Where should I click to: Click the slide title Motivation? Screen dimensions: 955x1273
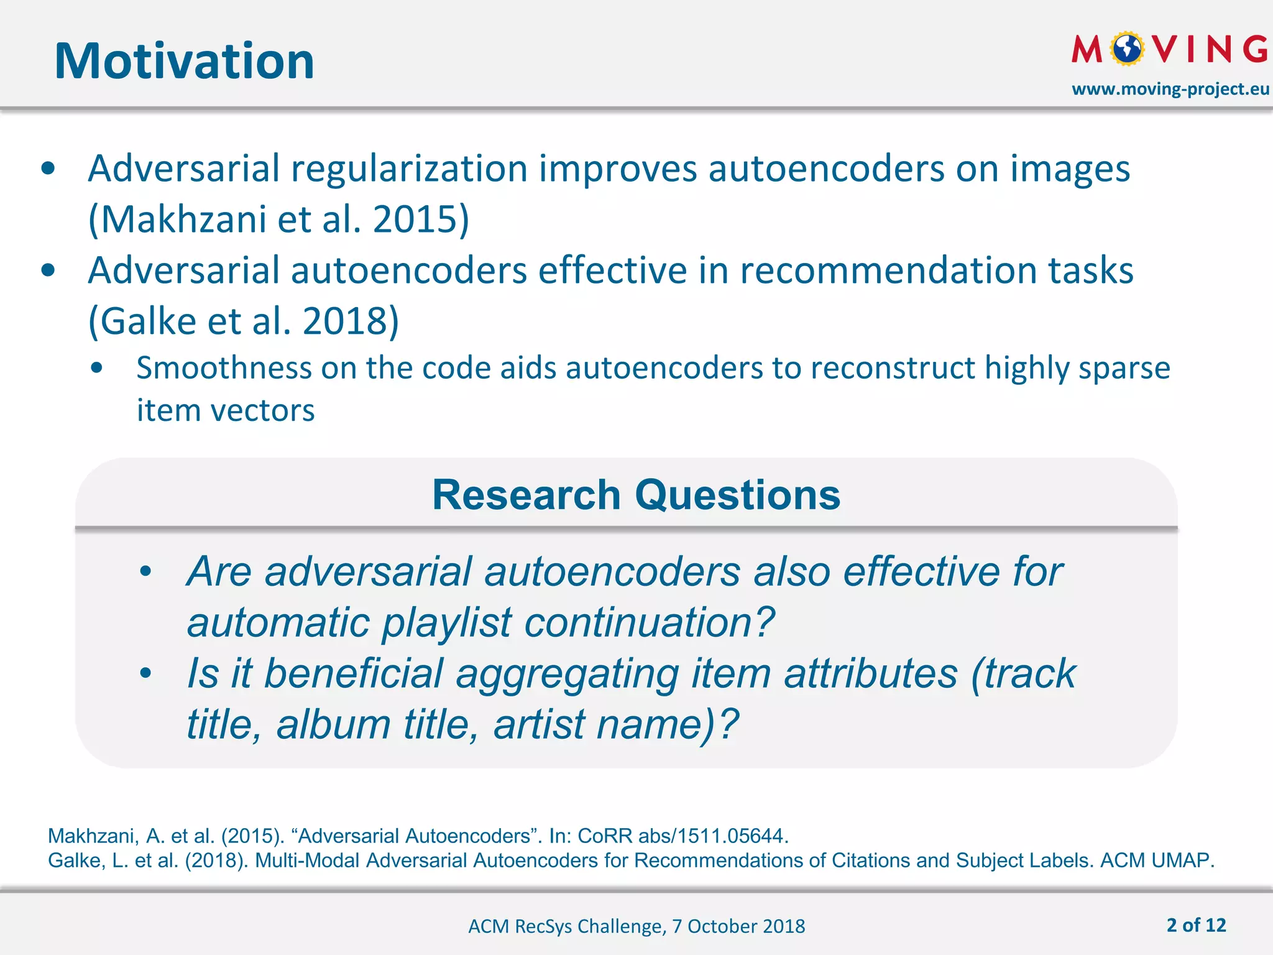click(184, 61)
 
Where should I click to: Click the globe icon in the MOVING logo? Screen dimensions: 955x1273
click(1127, 49)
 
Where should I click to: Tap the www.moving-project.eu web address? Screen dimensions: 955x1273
click(1170, 89)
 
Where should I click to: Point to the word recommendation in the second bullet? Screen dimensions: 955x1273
click(888, 270)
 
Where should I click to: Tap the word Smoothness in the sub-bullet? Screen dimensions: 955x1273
click(223, 367)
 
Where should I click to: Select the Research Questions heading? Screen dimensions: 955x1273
click(636, 495)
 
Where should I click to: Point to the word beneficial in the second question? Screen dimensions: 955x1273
click(352, 673)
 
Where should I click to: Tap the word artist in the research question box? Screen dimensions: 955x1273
click(539, 724)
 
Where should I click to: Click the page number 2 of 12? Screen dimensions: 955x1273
click(1196, 925)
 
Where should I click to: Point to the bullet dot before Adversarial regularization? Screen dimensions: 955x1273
click(48, 169)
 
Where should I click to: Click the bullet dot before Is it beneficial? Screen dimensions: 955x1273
click(145, 673)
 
